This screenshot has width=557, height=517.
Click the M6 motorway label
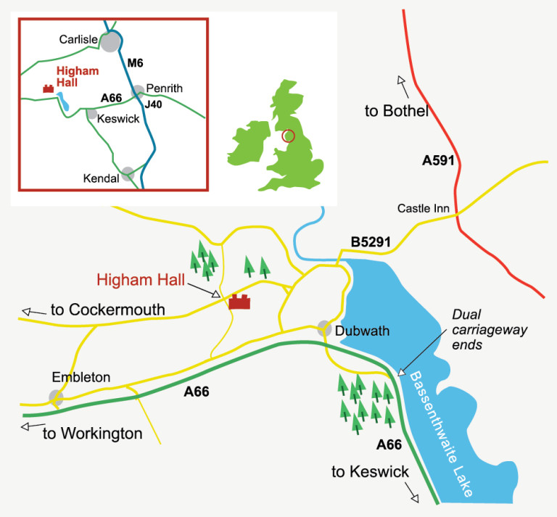pos(136,64)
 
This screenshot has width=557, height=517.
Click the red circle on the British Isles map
pos(288,136)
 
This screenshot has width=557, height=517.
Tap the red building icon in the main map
pos(239,302)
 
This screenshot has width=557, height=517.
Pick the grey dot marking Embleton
pos(56,397)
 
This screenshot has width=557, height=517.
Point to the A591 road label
pos(438,160)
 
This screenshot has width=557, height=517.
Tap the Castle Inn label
pos(423,209)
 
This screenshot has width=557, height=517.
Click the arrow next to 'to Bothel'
pos(402,86)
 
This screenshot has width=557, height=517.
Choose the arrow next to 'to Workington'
pos(30,426)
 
